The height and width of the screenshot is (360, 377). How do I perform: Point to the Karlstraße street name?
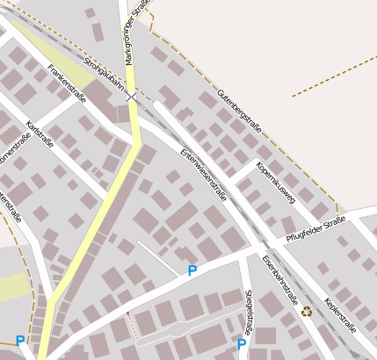pos(40,133)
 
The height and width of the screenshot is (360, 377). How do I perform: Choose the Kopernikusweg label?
pos(276,182)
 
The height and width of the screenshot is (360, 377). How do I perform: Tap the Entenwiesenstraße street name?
pos(204,174)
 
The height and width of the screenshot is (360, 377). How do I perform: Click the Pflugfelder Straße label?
pos(315,227)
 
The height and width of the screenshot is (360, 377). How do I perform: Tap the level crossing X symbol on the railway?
pos(131,96)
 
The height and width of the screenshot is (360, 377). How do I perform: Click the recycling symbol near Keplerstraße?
pos(307,311)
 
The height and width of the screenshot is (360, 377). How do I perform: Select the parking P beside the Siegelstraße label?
pos(242,344)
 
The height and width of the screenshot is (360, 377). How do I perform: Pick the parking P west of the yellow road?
pos(20,340)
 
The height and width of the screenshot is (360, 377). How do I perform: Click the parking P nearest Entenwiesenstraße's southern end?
pos(192,270)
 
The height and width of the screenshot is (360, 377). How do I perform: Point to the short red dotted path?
pos(133,324)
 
